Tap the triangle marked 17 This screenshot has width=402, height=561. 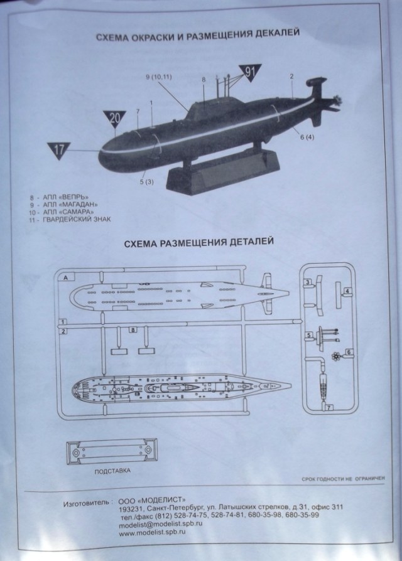pos(59,149)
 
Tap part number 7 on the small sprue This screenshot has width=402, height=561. pos(329,408)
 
